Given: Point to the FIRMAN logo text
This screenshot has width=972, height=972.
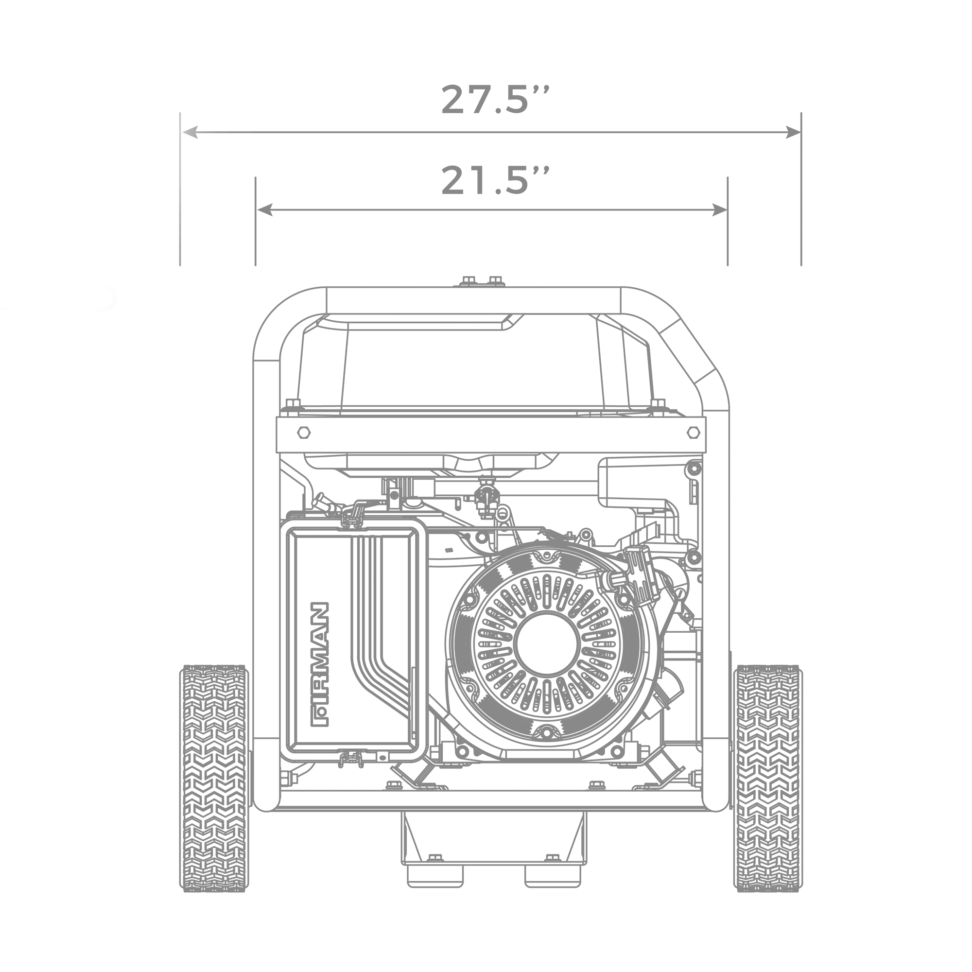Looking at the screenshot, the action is [x=320, y=664].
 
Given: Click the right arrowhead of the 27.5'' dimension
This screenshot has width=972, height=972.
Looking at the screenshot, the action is [x=793, y=133].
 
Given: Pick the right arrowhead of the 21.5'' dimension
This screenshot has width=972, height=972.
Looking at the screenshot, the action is [x=719, y=210].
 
